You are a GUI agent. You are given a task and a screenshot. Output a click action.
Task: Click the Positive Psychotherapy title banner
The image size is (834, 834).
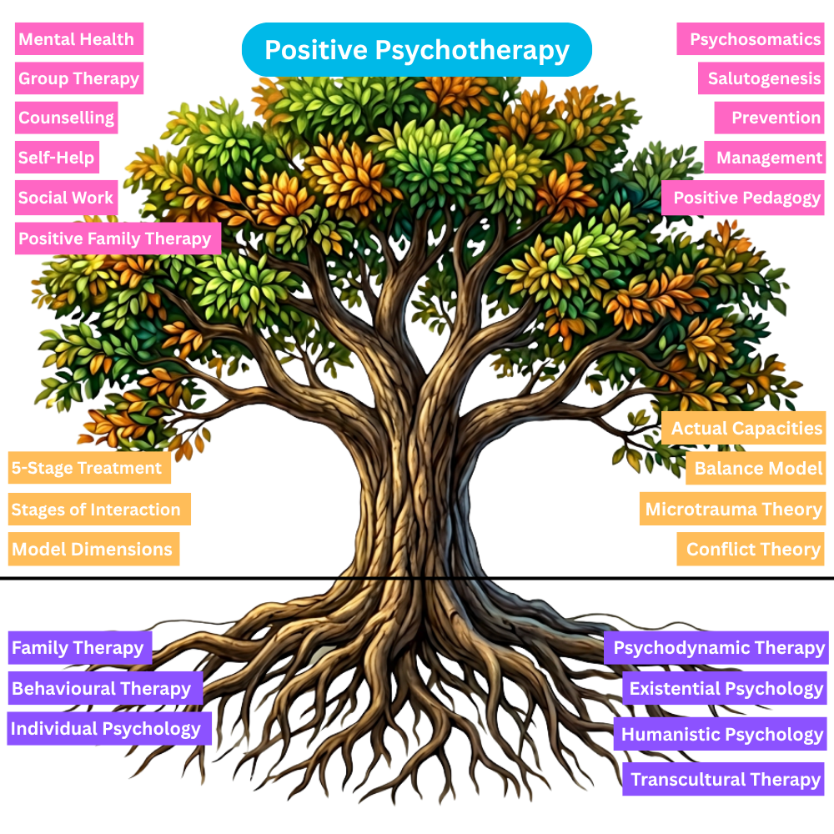pyautogui.click(x=416, y=50)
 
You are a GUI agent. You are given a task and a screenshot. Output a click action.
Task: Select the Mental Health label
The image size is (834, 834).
pyautogui.click(x=78, y=38)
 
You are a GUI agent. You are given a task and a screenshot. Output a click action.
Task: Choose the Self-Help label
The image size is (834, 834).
pyautogui.click(x=57, y=157)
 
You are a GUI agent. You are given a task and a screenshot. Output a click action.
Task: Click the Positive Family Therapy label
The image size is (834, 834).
pyautogui.click(x=117, y=239)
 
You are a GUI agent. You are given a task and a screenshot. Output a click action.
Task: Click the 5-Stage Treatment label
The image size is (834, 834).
pyautogui.click(x=88, y=468)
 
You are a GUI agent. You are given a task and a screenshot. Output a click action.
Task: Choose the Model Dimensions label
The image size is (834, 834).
pyautogui.click(x=93, y=550)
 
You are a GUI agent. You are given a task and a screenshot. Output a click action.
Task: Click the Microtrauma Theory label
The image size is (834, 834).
pyautogui.click(x=732, y=509)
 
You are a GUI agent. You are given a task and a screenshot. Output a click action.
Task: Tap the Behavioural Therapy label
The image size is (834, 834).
pyautogui.click(x=104, y=688)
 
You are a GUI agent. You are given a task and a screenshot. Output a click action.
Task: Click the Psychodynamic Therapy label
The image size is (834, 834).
pyautogui.click(x=716, y=648)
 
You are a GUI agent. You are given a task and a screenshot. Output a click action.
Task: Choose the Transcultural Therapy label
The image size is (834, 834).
pyautogui.click(x=723, y=779)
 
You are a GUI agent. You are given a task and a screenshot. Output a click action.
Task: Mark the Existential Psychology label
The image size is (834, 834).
pyautogui.click(x=724, y=688)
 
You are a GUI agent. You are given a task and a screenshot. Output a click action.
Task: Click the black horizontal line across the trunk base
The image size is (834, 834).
pyautogui.click(x=413, y=578)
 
